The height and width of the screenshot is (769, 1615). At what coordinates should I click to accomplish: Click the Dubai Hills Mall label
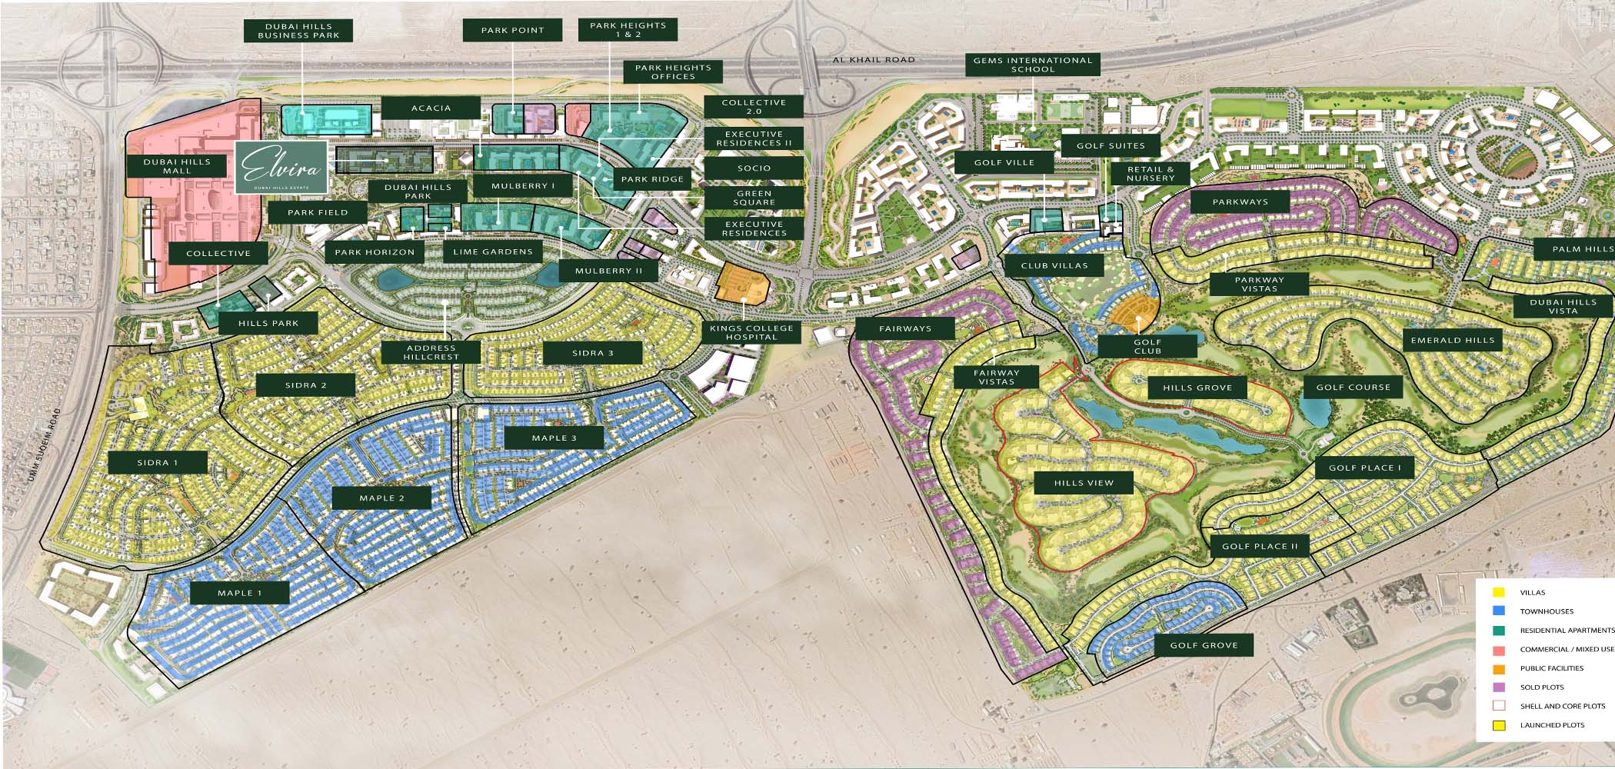click(177, 166)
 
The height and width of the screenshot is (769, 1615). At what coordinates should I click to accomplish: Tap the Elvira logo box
click(281, 167)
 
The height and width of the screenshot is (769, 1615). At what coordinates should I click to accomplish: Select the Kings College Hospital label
click(751, 332)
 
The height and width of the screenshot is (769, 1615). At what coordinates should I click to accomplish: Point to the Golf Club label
click(1147, 346)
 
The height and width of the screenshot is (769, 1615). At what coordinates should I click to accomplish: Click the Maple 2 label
click(381, 498)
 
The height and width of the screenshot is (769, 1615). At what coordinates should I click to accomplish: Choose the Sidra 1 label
click(158, 462)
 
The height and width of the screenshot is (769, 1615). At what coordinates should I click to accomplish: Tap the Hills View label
click(1084, 483)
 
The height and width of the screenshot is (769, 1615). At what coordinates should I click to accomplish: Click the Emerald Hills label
click(1453, 340)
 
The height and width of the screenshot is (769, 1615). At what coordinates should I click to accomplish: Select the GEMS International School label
click(1032, 65)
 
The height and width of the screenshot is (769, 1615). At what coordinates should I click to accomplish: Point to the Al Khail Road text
click(874, 59)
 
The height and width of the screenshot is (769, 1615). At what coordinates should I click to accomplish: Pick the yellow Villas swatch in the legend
click(1498, 593)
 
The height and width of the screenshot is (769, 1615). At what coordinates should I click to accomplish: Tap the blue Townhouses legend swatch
click(1498, 611)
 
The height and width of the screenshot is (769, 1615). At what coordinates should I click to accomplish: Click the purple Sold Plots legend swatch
click(1498, 687)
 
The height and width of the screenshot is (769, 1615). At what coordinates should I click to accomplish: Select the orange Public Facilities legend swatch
click(1498, 668)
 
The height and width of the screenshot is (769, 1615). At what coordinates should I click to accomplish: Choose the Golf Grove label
click(1204, 645)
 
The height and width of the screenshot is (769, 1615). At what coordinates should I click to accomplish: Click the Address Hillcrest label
click(431, 352)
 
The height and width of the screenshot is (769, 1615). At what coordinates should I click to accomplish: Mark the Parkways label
click(1240, 202)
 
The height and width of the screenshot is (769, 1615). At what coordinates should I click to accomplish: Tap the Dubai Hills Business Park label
click(298, 31)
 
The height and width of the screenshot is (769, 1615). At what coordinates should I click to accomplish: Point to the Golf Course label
click(1353, 387)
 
